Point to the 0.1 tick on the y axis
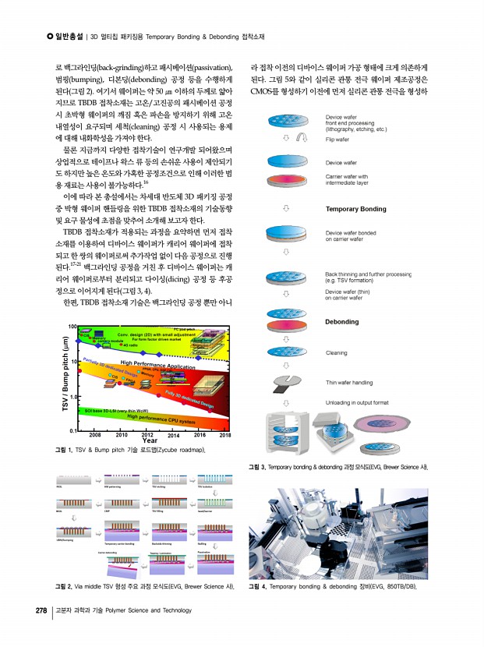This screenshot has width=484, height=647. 71,430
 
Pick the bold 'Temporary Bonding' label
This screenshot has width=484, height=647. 355,210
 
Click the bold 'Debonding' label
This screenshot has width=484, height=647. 342,321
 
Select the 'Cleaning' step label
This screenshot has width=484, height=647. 337,353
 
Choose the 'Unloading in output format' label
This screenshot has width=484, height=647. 357,402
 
